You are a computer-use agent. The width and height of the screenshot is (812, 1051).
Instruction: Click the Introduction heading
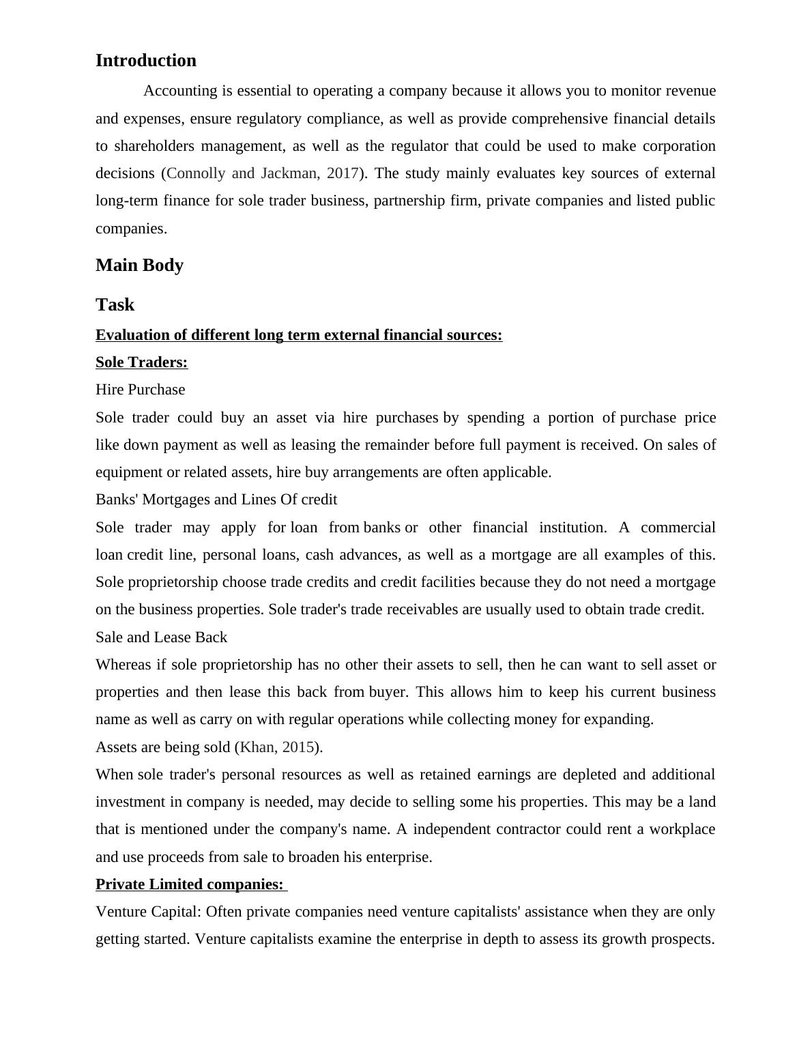coord(145,60)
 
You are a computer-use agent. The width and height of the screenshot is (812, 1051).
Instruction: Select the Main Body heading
coord(139,265)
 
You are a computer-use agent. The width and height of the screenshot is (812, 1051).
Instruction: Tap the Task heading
coord(115,304)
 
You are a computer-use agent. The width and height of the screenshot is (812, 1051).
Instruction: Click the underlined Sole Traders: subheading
coord(141,362)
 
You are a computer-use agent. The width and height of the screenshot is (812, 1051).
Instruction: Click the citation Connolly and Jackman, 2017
coord(263,173)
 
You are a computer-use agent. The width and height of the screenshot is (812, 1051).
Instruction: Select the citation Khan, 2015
coord(277,747)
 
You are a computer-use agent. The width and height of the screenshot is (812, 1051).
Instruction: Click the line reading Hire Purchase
coord(140,390)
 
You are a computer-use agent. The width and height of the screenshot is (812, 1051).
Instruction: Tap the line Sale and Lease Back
coord(161,637)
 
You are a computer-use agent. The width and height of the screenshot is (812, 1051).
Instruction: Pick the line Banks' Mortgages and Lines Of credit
coord(216,500)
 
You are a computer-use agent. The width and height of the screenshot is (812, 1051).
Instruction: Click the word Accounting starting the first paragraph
coord(180,91)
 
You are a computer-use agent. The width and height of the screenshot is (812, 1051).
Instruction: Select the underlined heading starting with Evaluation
coord(298,335)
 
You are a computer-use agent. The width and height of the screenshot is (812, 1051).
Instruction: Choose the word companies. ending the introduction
coord(131,229)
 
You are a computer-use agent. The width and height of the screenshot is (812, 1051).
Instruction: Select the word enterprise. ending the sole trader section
coord(398,857)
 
